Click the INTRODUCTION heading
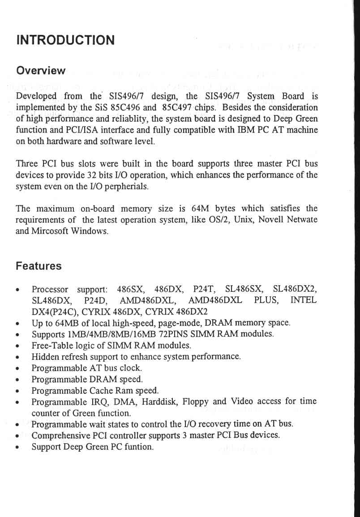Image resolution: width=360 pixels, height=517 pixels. click(65, 40)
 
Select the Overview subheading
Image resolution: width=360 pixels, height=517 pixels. click(41, 71)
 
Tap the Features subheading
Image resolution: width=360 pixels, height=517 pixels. click(39, 266)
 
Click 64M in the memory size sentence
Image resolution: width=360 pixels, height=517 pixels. click(198, 209)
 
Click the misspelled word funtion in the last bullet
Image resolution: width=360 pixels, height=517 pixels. click(139, 447)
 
